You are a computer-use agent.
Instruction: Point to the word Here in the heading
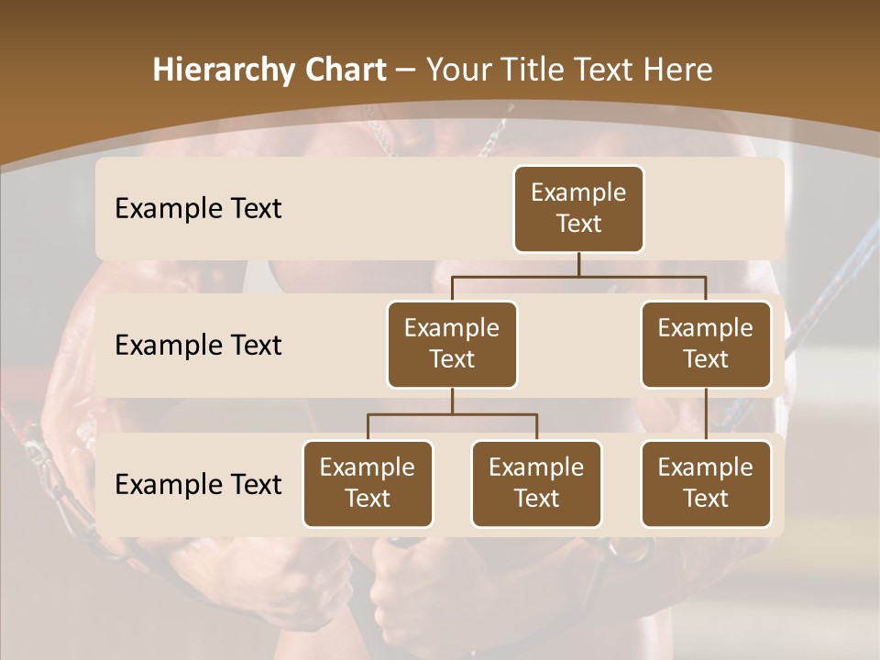[x=677, y=71]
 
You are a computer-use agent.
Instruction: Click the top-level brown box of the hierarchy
[x=578, y=208]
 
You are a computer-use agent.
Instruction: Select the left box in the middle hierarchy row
[x=452, y=344]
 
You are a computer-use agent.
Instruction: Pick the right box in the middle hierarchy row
[x=706, y=344]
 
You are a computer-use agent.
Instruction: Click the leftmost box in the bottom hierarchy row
[x=368, y=483]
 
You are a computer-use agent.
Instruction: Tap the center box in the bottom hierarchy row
[x=536, y=483]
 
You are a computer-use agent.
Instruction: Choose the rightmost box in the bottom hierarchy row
[x=706, y=483]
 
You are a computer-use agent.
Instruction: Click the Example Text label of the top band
[x=198, y=208]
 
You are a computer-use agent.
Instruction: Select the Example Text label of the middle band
[x=198, y=345]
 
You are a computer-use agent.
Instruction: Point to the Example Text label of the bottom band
[x=198, y=484]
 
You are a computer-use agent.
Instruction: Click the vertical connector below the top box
[x=578, y=264]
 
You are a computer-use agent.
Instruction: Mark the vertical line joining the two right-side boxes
[x=706, y=414]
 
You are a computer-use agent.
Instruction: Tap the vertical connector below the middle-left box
[x=452, y=401]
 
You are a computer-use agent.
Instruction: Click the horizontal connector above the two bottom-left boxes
[x=452, y=414]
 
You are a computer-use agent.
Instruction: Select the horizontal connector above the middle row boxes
[x=578, y=276]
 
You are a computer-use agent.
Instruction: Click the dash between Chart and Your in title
[x=406, y=71]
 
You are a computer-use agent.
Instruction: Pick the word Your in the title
[x=457, y=71]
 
